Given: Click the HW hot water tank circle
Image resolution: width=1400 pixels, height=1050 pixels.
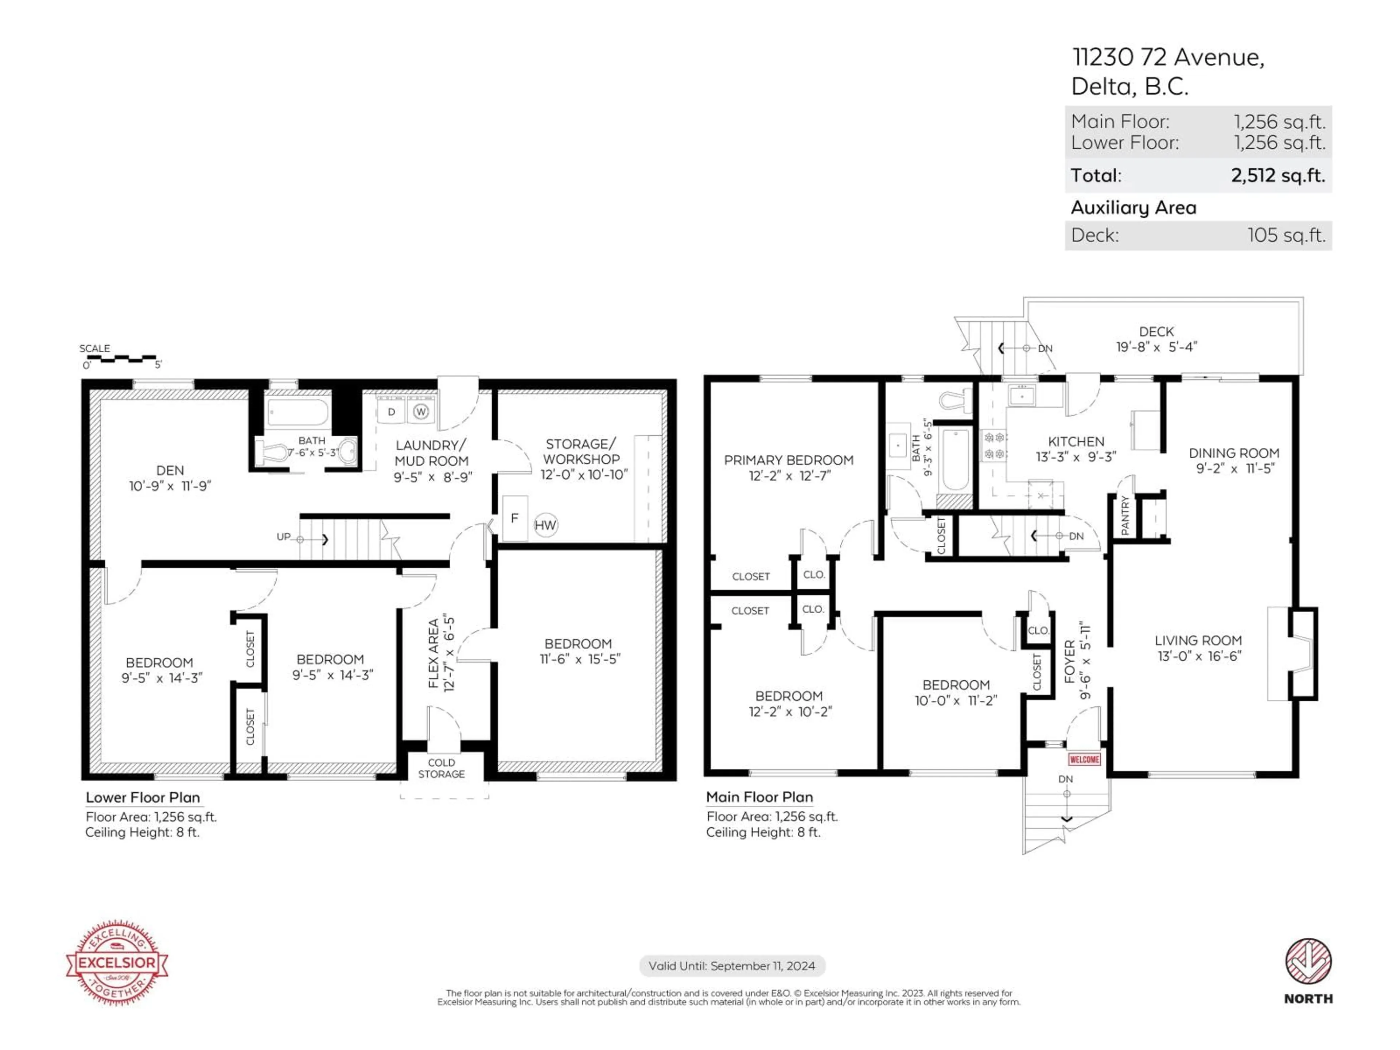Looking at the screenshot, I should coord(545,525).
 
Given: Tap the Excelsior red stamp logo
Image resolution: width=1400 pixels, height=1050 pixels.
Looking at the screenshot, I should coord(117,962).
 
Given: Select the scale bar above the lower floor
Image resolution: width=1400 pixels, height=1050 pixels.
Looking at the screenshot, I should coord(119,359).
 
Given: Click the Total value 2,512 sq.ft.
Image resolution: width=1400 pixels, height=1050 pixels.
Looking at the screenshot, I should coord(1277,175).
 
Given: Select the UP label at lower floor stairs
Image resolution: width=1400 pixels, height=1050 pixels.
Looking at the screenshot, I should coord(284,537).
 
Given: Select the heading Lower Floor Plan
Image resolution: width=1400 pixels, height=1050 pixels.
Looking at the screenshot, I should coord(143,797).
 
